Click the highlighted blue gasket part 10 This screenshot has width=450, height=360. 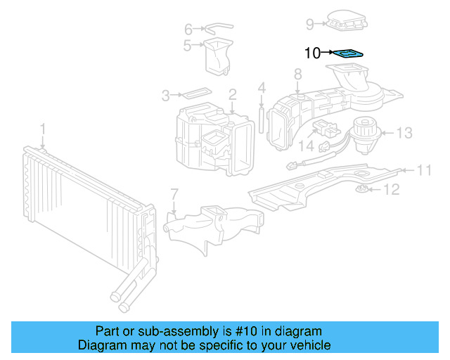[348, 53]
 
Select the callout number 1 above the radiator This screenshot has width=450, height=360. [42, 129]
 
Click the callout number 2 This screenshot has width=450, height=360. [231, 94]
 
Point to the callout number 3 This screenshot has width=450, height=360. [166, 94]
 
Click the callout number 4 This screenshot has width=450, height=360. [262, 89]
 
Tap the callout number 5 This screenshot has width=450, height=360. [188, 46]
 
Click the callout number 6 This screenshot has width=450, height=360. [188, 29]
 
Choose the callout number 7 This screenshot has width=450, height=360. [174, 193]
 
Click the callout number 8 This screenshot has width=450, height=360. [297, 73]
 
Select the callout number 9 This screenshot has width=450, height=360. [309, 25]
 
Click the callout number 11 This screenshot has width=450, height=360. [424, 169]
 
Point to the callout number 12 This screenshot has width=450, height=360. [391, 189]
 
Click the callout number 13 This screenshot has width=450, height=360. [404, 132]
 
